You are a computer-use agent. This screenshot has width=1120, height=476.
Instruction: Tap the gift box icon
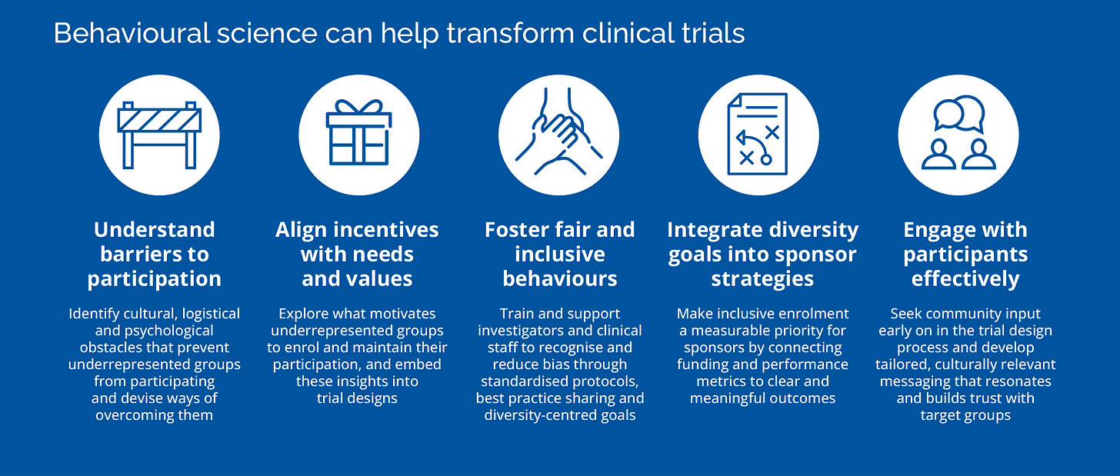358,135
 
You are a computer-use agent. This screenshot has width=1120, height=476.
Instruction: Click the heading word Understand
154,230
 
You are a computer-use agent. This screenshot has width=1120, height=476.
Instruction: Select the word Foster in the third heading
516,230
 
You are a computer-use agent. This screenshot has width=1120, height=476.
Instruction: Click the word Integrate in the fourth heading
715,230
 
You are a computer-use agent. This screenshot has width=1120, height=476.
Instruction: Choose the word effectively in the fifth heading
965,278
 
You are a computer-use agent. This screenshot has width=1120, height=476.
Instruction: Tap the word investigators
525,331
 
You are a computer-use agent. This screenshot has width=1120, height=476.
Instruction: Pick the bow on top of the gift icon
358,107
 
